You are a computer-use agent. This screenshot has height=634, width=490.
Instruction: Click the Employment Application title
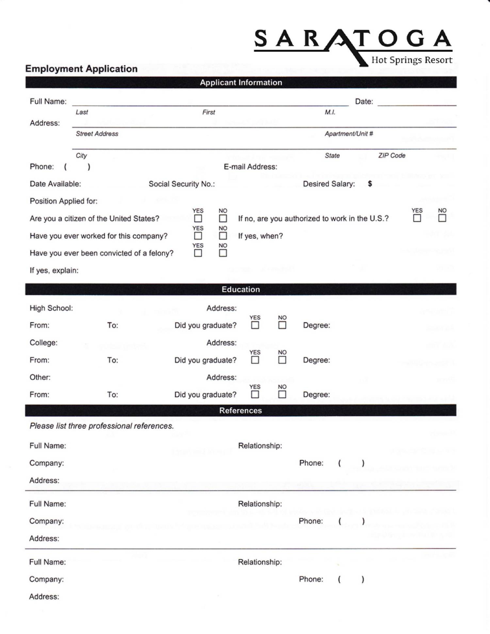click(81, 69)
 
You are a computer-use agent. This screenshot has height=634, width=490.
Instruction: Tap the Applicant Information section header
click(241, 82)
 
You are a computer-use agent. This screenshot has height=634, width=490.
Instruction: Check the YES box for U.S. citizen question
click(198, 219)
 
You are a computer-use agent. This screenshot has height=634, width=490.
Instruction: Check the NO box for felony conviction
click(223, 253)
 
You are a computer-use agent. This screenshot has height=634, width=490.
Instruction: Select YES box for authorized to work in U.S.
click(417, 218)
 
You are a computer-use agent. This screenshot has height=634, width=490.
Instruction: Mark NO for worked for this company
click(223, 236)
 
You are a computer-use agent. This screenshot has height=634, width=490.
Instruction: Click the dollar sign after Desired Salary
click(370, 184)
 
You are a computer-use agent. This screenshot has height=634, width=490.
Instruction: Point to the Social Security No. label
click(182, 184)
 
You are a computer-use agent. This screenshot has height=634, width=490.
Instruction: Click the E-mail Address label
click(250, 167)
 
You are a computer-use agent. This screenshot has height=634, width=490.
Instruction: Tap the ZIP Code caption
click(392, 156)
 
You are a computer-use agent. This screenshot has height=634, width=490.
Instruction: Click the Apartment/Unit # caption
click(349, 134)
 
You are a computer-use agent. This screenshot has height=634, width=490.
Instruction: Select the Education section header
click(241, 289)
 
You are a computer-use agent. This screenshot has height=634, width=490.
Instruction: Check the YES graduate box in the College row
click(255, 360)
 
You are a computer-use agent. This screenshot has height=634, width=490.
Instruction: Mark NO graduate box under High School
click(282, 325)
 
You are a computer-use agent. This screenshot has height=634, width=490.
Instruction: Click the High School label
click(51, 308)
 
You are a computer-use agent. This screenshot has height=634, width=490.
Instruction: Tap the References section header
click(241, 411)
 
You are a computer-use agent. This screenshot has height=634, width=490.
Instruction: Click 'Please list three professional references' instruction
click(102, 426)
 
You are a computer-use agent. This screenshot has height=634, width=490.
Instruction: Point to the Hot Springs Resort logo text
click(412, 60)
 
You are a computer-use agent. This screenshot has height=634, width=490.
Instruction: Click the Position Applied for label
click(63, 201)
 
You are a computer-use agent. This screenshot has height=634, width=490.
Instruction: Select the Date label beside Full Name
click(364, 102)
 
